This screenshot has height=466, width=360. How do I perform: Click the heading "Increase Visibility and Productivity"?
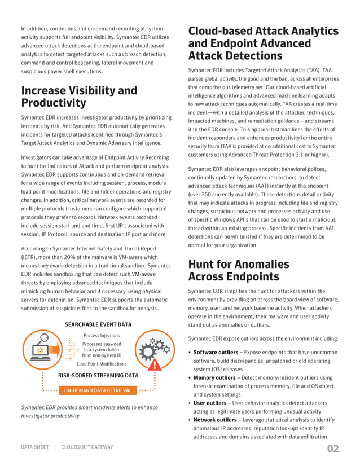point(78,96)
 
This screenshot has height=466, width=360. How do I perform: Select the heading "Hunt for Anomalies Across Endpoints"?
point(238,270)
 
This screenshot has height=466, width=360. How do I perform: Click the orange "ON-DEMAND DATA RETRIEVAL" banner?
point(99,390)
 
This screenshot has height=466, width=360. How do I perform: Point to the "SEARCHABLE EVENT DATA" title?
point(98,324)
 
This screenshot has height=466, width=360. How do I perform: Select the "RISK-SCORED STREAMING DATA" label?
point(99,375)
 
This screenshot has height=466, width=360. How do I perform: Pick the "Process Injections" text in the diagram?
point(101,335)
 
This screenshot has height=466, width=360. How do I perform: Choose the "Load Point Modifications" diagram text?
point(101,364)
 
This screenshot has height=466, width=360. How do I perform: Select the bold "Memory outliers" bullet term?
point(214,377)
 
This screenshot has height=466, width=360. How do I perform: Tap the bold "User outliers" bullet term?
point(210,403)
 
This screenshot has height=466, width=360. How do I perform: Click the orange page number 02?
point(333,449)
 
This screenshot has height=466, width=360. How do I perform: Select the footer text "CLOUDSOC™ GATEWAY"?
point(87,447)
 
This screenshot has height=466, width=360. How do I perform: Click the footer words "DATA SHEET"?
point(34,447)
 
